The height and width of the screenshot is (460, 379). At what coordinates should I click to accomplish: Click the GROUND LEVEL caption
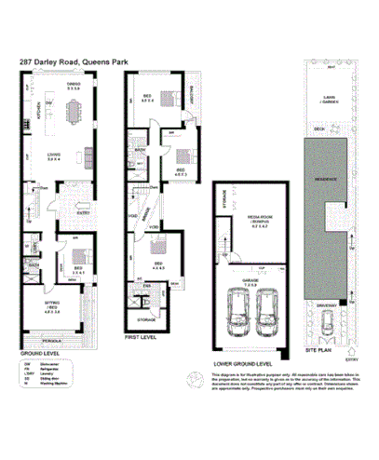[x=36, y=354]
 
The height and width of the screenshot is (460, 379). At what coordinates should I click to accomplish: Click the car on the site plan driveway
[x=325, y=323]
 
